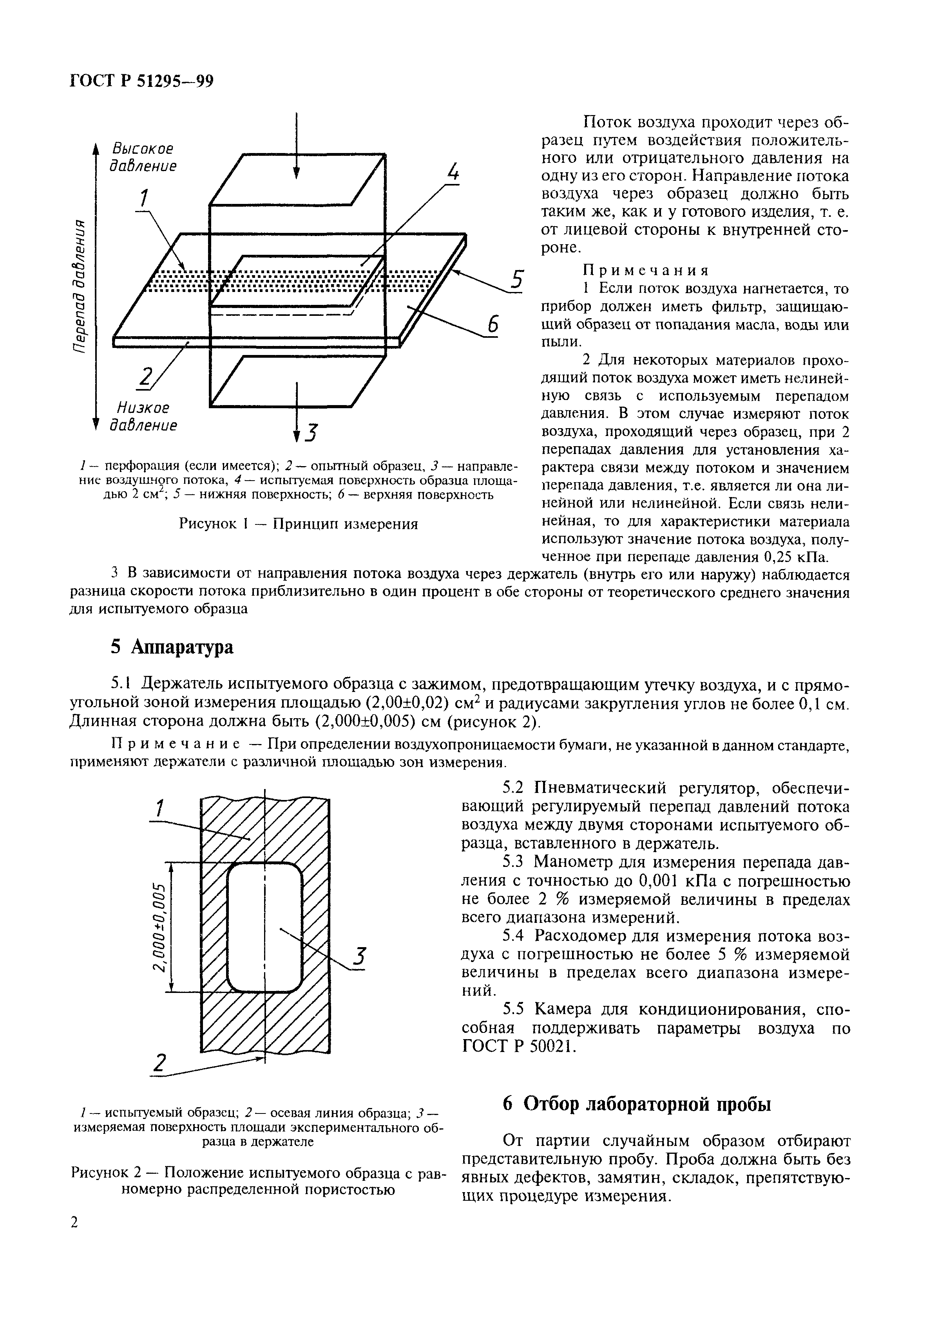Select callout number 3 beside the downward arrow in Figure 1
tap(311, 433)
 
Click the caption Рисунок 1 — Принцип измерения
tap(298, 523)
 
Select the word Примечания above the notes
tap(646, 270)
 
